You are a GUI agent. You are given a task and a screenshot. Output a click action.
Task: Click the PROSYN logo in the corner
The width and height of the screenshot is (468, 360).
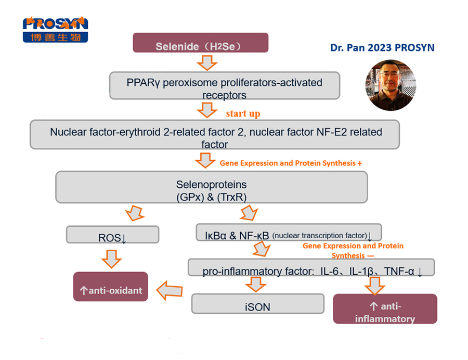coord(55,29)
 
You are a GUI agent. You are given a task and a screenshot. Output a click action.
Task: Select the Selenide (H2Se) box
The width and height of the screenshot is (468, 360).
coord(201,43)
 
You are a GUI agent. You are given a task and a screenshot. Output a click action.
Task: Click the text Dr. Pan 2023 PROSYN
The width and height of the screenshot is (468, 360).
coord(382,48)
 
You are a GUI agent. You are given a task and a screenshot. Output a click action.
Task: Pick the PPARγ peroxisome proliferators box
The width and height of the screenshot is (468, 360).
coord(224,86)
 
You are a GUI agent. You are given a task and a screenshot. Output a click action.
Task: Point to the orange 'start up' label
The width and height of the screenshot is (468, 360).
coord(243,113)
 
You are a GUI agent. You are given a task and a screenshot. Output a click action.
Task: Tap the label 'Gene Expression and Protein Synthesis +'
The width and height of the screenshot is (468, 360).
coord(291,163)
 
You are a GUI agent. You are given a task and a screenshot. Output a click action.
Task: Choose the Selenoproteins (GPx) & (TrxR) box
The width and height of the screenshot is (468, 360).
coord(211,187)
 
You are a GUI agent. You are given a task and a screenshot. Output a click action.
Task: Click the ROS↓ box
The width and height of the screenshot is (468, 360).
coord(113,235)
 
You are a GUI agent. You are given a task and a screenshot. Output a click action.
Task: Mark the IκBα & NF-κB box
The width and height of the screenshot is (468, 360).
coord(289,233)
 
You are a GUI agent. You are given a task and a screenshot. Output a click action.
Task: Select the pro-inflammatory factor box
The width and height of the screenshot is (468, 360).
coord(311,267)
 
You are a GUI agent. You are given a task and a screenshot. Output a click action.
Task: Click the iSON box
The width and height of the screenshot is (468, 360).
coord(257,304)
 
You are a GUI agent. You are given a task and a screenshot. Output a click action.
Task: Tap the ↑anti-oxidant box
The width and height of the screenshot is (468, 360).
coord(111,287)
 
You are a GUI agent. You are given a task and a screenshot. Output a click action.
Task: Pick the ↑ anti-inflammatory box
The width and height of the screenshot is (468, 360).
coord(385,308)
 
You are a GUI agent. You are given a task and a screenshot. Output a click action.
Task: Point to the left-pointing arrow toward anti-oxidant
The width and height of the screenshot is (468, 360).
coord(170,289)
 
